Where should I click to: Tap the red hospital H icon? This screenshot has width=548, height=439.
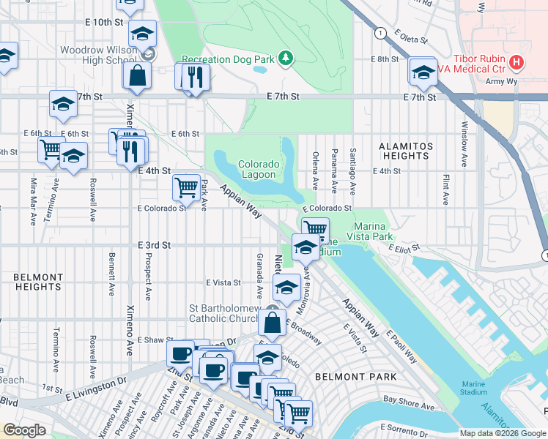[x=516, y=62]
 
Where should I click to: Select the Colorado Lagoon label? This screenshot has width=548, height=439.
[x=256, y=169]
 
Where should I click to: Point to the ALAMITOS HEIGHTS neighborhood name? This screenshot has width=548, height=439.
[x=405, y=151]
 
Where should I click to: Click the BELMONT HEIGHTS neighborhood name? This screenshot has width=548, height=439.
[x=37, y=282]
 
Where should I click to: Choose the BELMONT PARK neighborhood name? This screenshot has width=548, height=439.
[x=355, y=377]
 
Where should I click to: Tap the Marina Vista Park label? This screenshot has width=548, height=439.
[x=374, y=231]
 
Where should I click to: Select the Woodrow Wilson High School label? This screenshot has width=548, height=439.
[x=98, y=55]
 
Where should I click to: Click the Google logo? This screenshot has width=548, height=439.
[x=24, y=430]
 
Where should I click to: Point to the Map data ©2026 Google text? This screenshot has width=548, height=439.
[x=503, y=433]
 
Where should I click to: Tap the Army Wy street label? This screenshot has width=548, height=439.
[x=499, y=82]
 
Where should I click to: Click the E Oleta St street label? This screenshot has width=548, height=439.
[x=410, y=37]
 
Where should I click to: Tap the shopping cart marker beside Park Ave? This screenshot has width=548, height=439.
[x=186, y=187]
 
